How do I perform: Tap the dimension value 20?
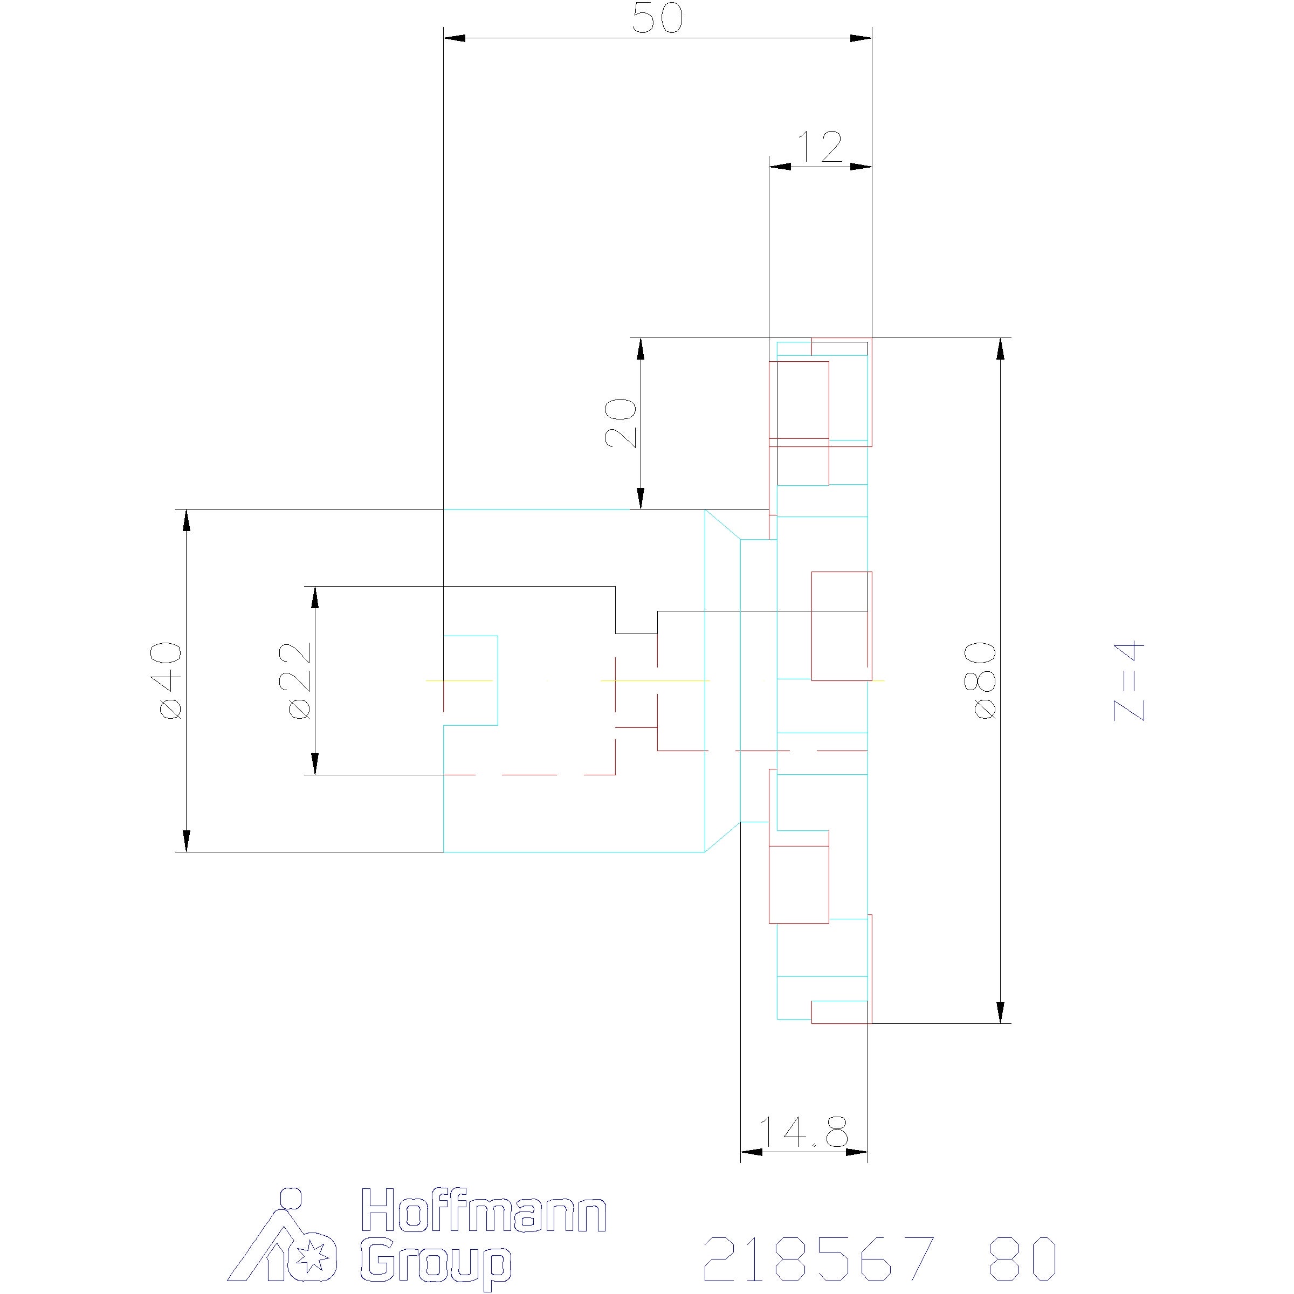click(620, 423)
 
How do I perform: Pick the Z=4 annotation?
click(1129, 681)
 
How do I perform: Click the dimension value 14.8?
click(804, 1132)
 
